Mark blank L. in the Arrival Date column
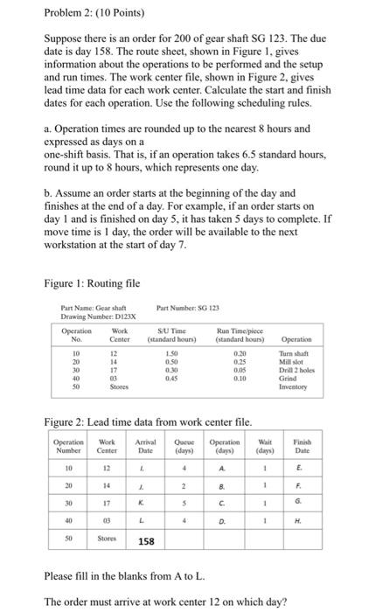point(142,519)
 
